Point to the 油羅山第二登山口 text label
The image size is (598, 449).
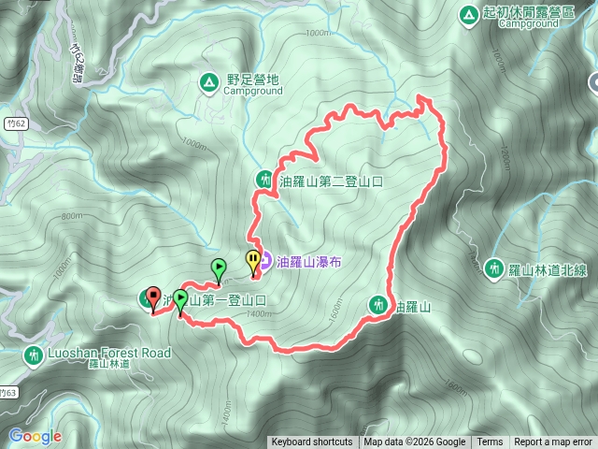[x=331, y=181]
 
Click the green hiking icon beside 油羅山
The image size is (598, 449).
[x=379, y=304]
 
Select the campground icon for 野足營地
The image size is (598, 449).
[x=207, y=82]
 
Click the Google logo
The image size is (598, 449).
[x=35, y=436]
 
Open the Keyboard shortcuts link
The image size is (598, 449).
[x=312, y=442]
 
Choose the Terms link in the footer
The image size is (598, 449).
[x=490, y=442]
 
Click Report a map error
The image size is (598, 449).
[x=553, y=442]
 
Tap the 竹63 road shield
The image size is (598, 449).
[x=9, y=391]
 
